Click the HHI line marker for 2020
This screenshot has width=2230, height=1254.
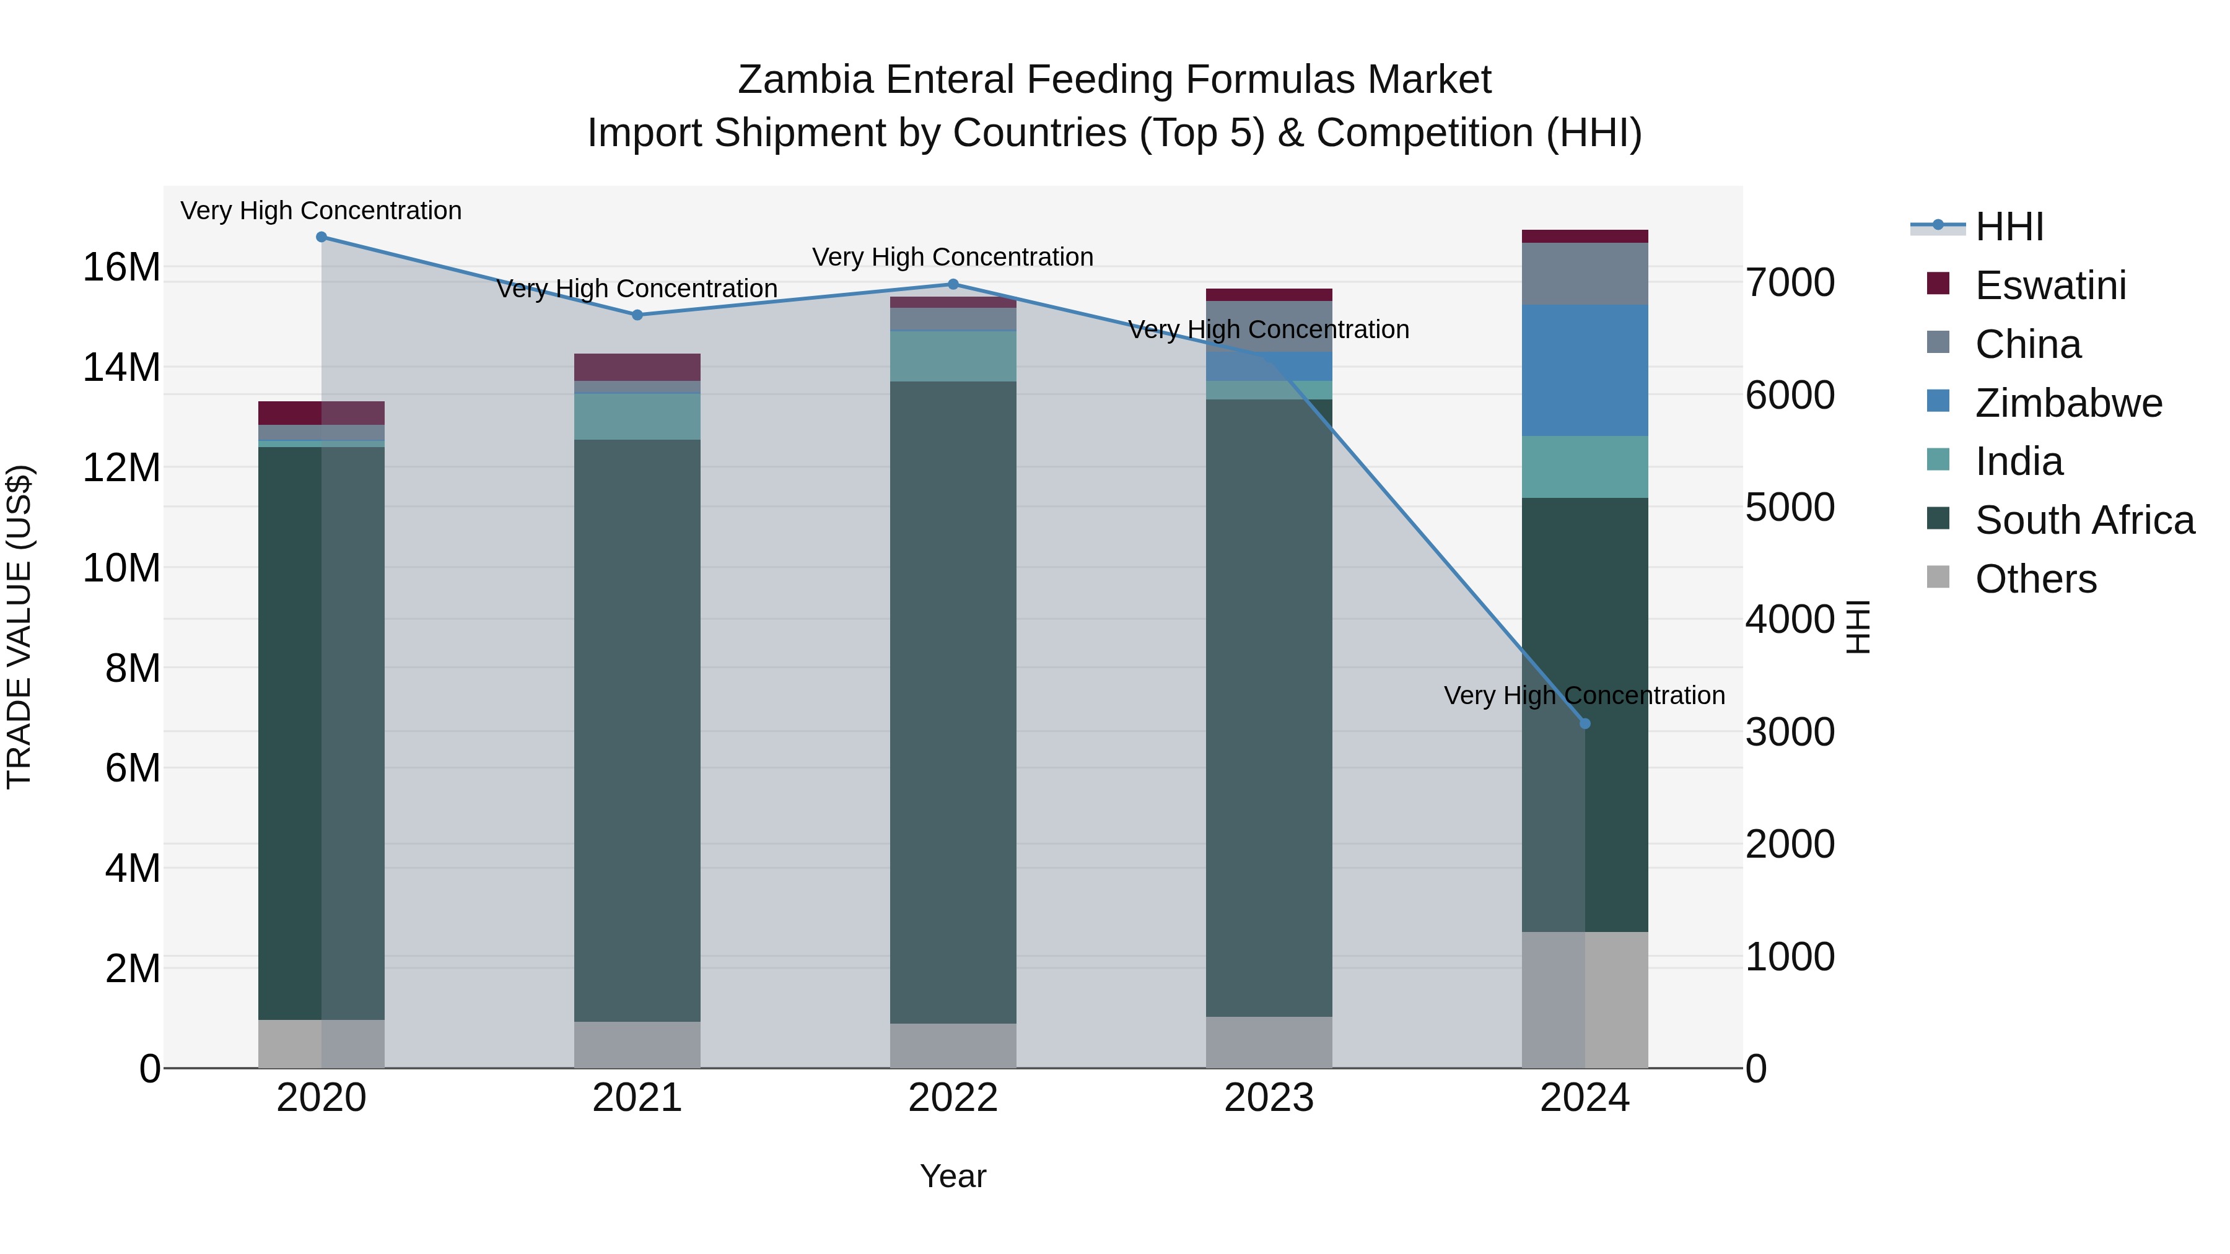321,237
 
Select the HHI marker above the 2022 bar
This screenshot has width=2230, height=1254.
953,284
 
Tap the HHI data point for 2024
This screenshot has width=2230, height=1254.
1585,723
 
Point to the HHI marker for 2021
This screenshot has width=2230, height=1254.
637,315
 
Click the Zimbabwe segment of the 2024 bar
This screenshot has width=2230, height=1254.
1585,370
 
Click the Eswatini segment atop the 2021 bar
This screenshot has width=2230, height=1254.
637,367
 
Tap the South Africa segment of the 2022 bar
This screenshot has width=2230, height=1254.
953,702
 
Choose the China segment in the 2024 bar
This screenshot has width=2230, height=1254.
1585,274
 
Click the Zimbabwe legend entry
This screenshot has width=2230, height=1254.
2068,403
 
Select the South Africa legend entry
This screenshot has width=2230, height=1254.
2084,521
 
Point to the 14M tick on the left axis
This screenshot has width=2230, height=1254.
121,367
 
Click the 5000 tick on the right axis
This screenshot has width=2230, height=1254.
1790,507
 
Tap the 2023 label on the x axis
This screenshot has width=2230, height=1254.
1269,1098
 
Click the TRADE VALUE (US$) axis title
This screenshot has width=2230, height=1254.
20,627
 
